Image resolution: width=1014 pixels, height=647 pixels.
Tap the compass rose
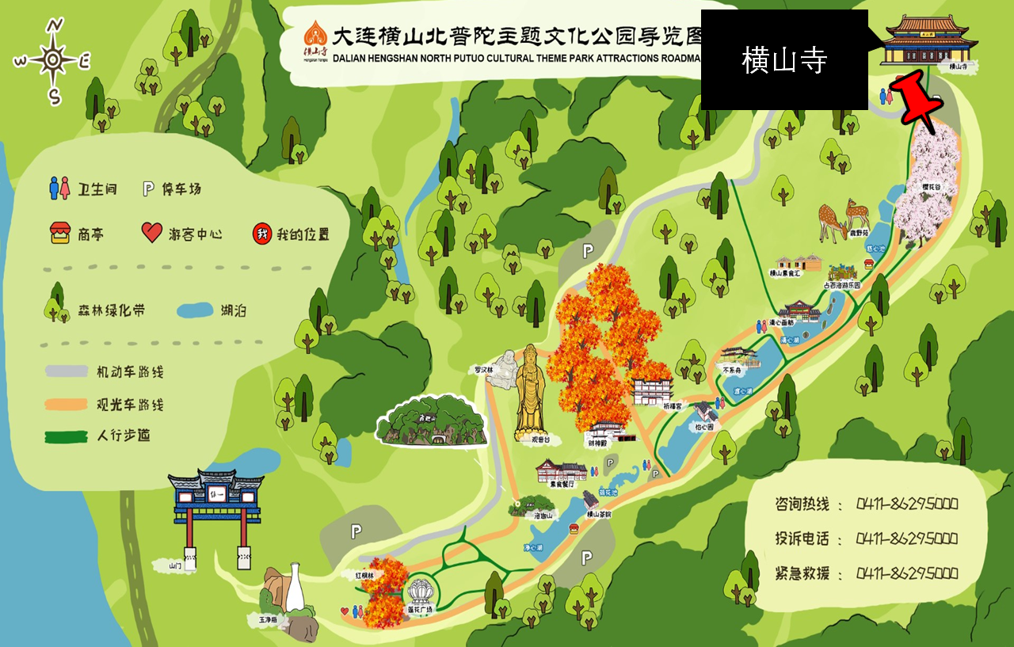click(52, 60)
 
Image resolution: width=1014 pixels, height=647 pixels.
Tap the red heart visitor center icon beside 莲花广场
click(345, 611)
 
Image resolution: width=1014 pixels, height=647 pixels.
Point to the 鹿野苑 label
click(859, 233)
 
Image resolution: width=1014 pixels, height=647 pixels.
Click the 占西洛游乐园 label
click(841, 284)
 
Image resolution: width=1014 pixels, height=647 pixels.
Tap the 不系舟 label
click(732, 369)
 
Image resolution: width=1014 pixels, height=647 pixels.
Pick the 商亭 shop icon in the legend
click(60, 233)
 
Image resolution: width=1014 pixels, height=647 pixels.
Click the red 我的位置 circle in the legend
click(261, 233)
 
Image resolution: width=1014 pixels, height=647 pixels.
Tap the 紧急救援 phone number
click(907, 573)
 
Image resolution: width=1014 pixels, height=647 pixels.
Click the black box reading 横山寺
click(784, 60)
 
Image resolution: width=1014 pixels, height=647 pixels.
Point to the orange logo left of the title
click(314, 37)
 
